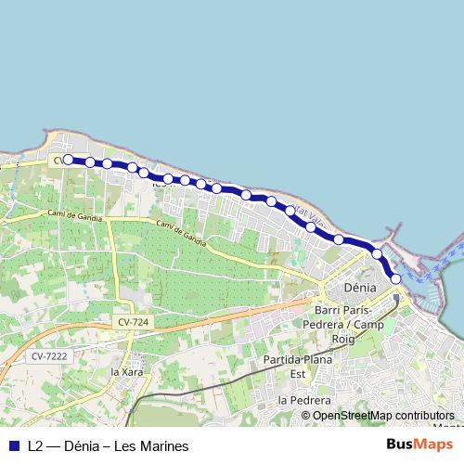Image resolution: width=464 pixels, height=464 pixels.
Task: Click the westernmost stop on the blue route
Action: (x=68, y=160)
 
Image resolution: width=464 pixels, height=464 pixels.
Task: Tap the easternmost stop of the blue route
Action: (x=396, y=278)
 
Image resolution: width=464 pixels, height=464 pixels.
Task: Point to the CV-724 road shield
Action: (x=134, y=321)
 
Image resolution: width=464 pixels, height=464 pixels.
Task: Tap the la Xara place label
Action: (x=128, y=372)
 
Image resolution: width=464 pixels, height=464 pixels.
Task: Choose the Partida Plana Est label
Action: (x=298, y=366)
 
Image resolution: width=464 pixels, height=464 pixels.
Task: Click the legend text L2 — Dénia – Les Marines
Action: (x=108, y=446)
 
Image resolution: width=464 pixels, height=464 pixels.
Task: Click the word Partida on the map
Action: (x=284, y=359)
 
